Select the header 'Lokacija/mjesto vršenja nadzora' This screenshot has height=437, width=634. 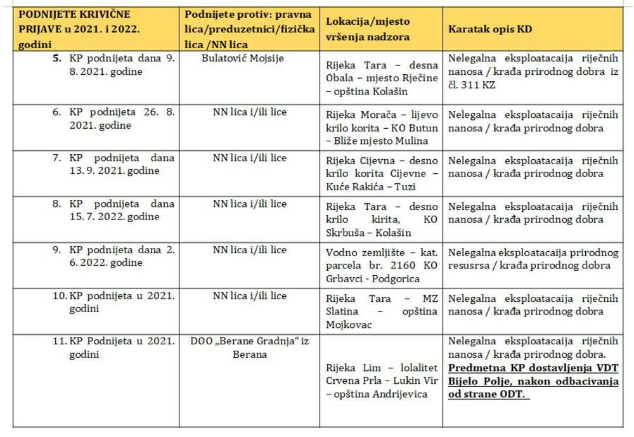[x=367, y=29]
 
